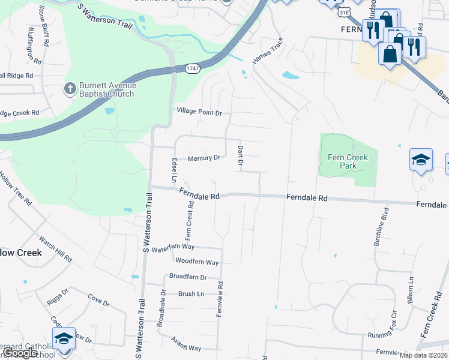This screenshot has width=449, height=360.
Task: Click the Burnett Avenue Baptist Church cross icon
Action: click(x=70, y=89)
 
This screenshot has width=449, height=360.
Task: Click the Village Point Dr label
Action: click(x=199, y=112)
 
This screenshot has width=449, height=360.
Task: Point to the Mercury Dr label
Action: click(x=204, y=158)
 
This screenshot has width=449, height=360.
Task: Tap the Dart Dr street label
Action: click(x=240, y=155)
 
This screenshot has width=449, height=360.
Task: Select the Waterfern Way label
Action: click(x=173, y=248)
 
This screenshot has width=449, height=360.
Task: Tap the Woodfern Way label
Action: click(x=196, y=262)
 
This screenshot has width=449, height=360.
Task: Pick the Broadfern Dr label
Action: click(x=187, y=277)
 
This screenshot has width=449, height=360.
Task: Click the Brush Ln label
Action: click(x=191, y=294)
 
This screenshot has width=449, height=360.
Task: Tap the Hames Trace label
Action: click(x=267, y=52)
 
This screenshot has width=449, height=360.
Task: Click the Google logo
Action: click(x=20, y=353)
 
